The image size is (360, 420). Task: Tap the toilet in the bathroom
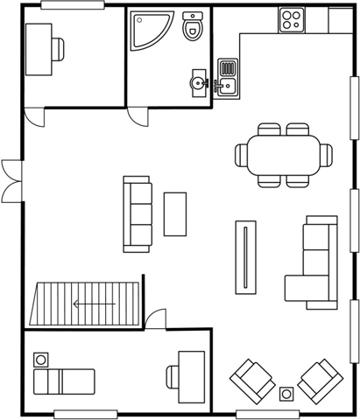(193, 27)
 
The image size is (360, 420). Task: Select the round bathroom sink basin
(196, 83)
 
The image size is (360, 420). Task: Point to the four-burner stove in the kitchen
(291, 19)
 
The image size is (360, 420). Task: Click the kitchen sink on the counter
(228, 76)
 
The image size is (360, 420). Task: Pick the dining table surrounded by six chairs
(284, 155)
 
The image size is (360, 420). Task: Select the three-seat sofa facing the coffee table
(136, 214)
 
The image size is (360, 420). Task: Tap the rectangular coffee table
(175, 213)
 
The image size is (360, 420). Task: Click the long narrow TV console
(246, 257)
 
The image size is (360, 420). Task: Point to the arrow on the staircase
(94, 304)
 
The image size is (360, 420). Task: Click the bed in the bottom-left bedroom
(63, 381)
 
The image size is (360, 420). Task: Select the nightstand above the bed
(40, 359)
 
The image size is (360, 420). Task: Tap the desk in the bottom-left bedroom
(189, 376)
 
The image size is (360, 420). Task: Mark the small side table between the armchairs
(286, 394)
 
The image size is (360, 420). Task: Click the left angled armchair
(252, 380)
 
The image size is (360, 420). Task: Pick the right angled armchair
(319, 380)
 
